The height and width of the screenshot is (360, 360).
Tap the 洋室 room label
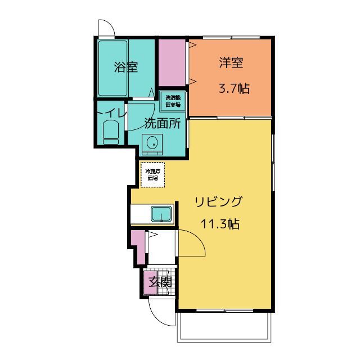231,63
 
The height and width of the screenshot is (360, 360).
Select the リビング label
219,201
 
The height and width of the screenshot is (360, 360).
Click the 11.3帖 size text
220,224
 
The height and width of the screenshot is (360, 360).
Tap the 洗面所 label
162,124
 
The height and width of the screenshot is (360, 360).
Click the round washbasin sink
151,143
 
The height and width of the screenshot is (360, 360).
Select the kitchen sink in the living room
162,214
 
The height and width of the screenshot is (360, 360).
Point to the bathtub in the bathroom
112,68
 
